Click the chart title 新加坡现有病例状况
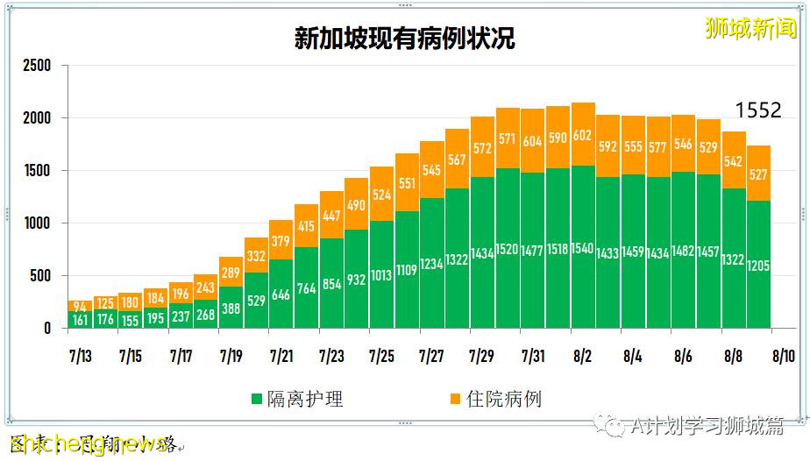pyautogui.click(x=404, y=39)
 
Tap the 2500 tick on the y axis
pyautogui.click(x=38, y=66)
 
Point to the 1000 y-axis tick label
pyautogui.click(x=38, y=223)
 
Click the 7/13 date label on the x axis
pyautogui.click(x=80, y=357)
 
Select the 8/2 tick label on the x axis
pyautogui.click(x=582, y=357)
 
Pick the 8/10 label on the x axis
pyautogui.click(x=783, y=357)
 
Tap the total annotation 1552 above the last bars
pyautogui.click(x=757, y=110)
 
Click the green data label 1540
pyautogui.click(x=583, y=249)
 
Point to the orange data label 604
pyautogui.click(x=532, y=141)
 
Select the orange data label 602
pyautogui.click(x=583, y=136)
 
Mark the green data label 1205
pyautogui.click(x=758, y=265)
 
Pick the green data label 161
pyautogui.click(x=80, y=319)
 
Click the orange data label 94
pyautogui.click(x=80, y=306)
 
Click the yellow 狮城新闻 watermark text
pyautogui.click(x=751, y=28)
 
